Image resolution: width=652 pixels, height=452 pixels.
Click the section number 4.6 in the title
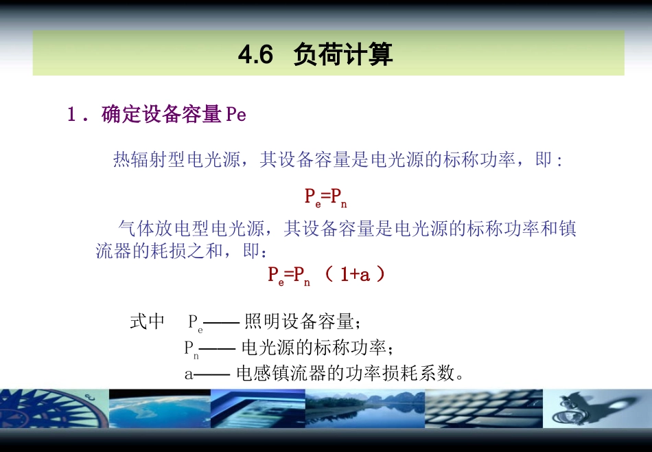255,54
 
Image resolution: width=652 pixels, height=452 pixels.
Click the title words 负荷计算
343,54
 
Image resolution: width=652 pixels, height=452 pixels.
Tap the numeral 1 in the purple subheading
71,115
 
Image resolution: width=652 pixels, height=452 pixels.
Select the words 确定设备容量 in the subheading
161,115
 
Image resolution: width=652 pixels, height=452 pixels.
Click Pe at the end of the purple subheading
235,115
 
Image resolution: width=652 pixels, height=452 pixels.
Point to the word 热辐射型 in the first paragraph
150,161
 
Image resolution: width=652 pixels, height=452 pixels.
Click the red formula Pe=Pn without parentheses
326,197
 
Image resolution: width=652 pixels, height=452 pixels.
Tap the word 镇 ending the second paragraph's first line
568,228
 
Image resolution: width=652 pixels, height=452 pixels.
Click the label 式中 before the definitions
147,321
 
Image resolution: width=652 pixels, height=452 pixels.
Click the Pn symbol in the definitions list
191,349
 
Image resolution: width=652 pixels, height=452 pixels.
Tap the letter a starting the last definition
189,374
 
